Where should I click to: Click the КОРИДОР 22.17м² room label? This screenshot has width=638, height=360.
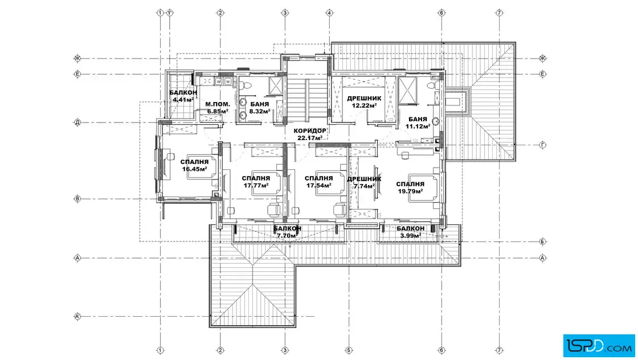310,134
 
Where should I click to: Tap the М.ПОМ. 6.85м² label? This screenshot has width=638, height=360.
217,108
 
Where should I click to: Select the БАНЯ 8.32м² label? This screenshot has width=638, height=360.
260,108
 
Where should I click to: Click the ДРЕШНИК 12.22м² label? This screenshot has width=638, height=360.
364,102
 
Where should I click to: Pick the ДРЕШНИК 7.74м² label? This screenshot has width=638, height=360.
364,183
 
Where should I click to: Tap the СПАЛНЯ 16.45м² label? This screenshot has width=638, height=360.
194,166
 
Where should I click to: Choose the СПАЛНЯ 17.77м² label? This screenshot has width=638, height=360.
256,182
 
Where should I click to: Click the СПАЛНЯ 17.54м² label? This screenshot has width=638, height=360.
318,182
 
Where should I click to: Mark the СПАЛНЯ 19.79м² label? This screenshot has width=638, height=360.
410,187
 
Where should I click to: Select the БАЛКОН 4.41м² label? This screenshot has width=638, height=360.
183,96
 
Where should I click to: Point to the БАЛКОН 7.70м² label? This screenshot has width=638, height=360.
287,232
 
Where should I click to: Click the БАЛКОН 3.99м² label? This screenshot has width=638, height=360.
411,232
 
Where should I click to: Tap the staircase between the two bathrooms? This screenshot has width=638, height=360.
308,99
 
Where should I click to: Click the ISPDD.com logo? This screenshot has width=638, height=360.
599,346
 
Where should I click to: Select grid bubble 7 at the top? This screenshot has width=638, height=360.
499,13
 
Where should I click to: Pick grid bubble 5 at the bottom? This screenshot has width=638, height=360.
349,350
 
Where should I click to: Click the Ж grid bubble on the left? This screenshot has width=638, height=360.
77,59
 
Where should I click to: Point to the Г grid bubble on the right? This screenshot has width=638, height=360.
542,145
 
